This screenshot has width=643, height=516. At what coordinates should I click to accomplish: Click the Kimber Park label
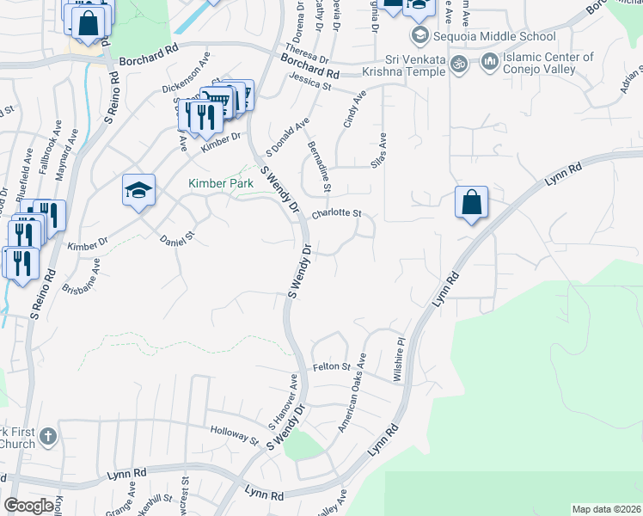tap(217, 183)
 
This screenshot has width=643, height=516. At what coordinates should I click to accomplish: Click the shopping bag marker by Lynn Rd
tap(471, 203)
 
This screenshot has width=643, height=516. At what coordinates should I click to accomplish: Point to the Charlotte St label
tap(336, 213)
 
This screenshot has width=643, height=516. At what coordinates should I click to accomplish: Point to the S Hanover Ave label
tap(284, 402)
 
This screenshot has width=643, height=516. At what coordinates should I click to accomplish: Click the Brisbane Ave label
tap(82, 277)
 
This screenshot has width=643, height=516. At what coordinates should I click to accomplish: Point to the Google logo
tap(28, 506)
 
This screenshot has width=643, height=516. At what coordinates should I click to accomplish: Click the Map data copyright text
tap(606, 509)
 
